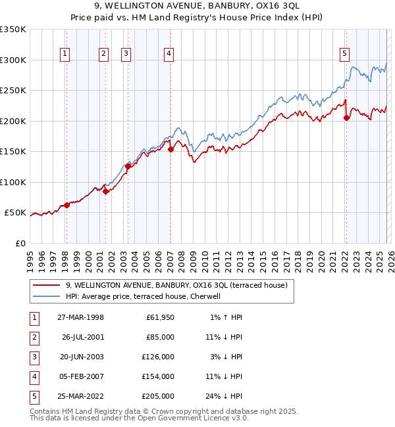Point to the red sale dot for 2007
(171, 149)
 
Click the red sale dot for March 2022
(346, 118)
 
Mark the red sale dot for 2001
(105, 191)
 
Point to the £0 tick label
(19, 244)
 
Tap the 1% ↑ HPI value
(225, 317)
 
